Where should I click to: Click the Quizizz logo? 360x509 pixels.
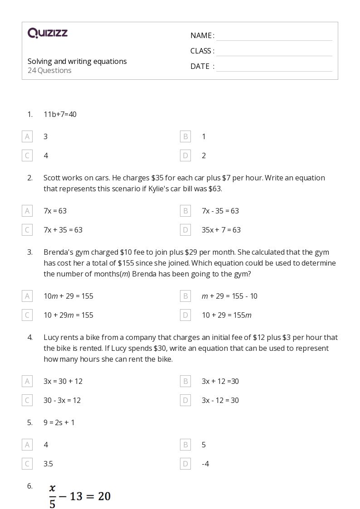click(48, 33)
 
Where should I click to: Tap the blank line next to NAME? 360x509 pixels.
click(274, 36)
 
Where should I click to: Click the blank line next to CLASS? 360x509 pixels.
click(274, 52)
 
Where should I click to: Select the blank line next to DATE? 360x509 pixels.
click(274, 67)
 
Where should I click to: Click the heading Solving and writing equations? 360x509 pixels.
click(77, 61)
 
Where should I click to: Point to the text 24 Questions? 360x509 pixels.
click(49, 70)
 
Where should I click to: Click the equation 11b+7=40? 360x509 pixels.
click(60, 114)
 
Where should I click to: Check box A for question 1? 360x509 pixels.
click(27, 136)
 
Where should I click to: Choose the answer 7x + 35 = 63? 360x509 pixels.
click(63, 230)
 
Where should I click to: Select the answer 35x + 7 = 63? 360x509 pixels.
click(221, 230)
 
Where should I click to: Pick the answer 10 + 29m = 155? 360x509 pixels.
click(68, 315)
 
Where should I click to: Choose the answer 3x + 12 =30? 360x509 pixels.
click(220, 381)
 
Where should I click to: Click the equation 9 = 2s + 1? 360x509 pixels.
click(59, 422)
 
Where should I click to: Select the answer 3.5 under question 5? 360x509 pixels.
click(48, 464)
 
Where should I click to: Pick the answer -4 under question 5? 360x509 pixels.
click(205, 464)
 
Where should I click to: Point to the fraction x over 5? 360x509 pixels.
click(53, 496)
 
